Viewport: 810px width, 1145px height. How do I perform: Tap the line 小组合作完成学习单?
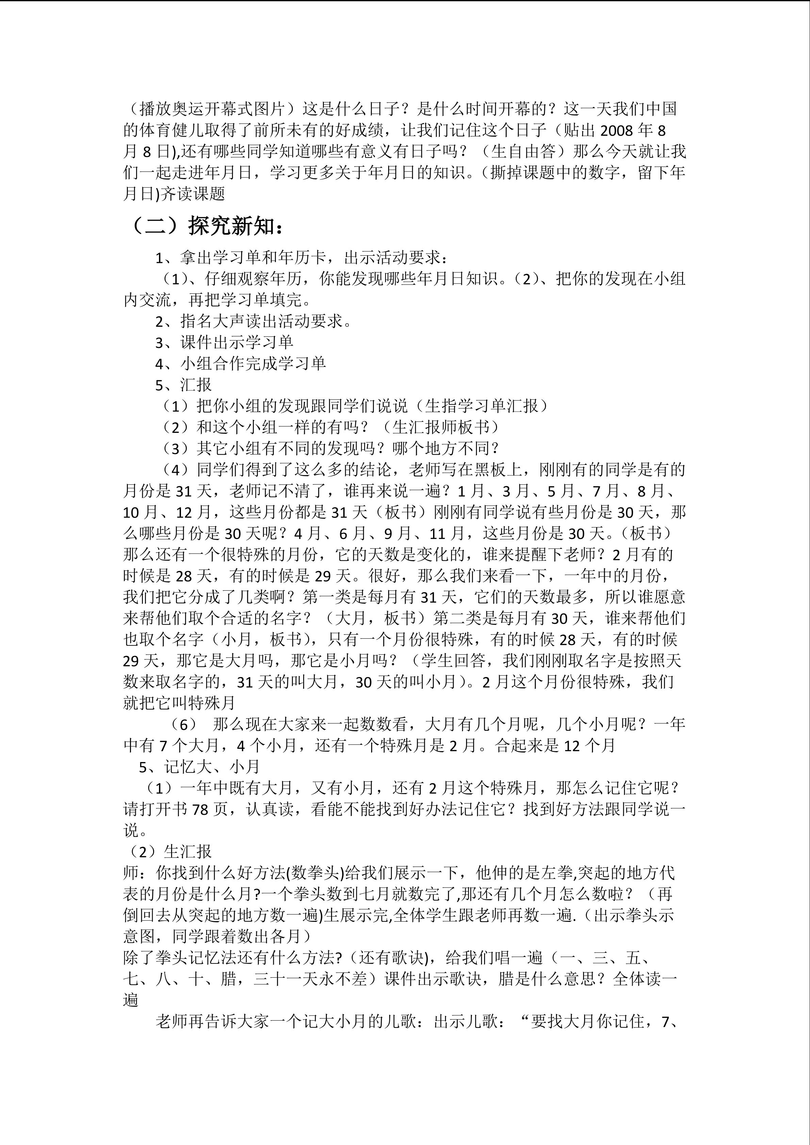pyautogui.click(x=241, y=364)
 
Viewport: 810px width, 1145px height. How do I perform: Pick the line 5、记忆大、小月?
pyautogui.click(x=199, y=767)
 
